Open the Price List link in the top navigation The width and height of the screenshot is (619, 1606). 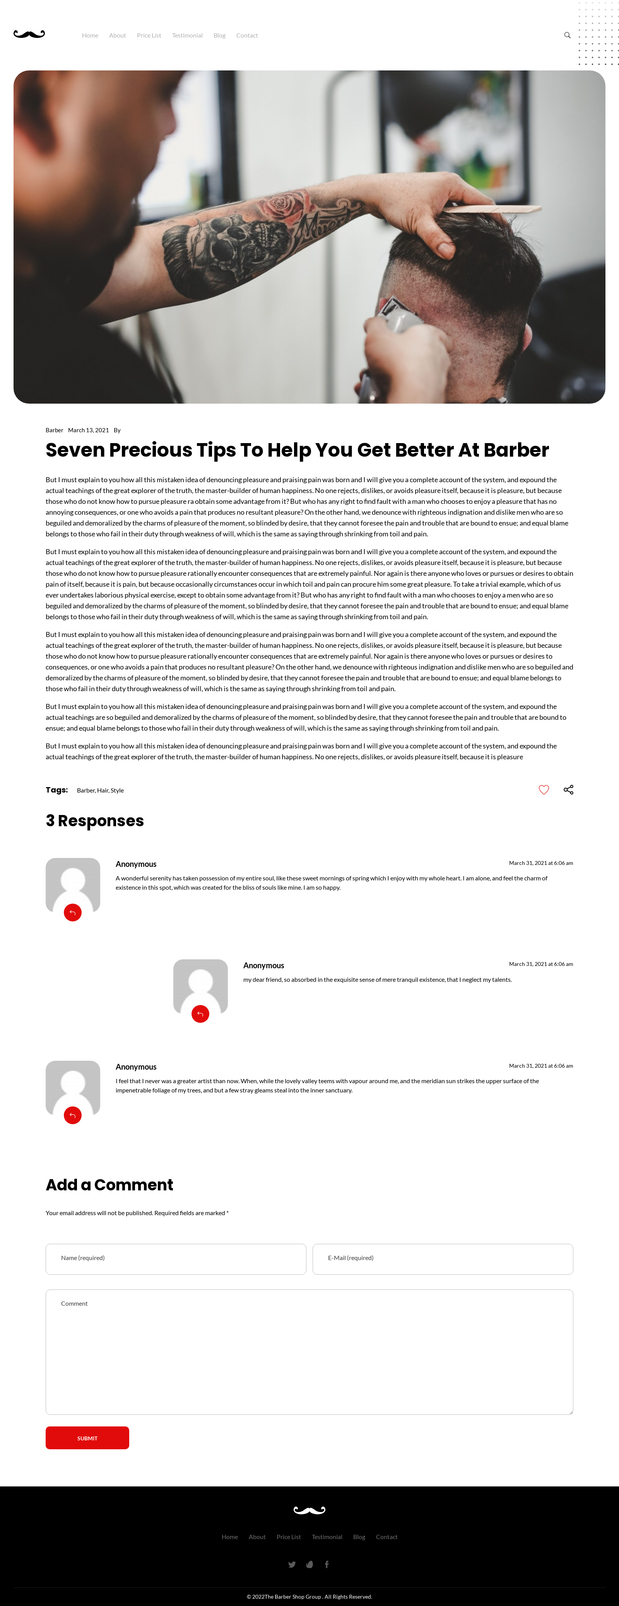point(149,36)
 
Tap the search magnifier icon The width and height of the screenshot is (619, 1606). point(567,36)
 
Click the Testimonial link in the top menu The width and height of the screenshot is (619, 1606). point(187,36)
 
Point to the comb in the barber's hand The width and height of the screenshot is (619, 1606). point(492,209)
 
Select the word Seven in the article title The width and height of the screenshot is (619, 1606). point(75,450)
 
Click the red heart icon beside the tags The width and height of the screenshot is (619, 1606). point(544,790)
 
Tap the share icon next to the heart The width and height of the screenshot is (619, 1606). point(568,790)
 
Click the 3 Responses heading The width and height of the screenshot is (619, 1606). point(95,820)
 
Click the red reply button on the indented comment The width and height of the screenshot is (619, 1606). point(200,1014)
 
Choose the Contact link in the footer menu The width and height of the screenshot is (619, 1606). point(386,1537)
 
